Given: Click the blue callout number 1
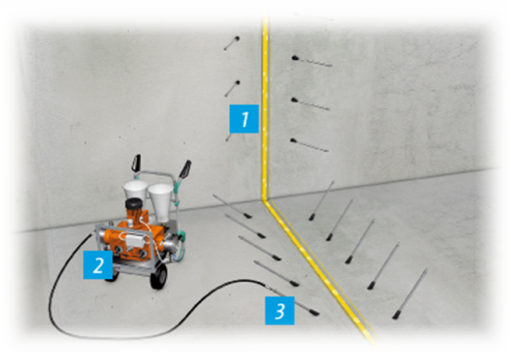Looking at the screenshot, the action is (244, 119).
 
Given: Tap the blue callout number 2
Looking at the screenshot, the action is (98, 264).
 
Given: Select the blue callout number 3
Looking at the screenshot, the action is (280, 310).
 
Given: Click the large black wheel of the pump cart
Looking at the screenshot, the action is (159, 276).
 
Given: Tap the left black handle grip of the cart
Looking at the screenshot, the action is (136, 162).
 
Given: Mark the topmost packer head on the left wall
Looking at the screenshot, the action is (237, 38).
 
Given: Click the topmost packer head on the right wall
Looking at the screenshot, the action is (294, 58).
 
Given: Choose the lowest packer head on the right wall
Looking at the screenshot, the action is (293, 141).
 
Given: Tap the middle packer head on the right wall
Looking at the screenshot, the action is (294, 100).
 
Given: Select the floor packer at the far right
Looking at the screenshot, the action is (410, 294).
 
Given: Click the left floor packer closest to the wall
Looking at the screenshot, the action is (233, 206).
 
